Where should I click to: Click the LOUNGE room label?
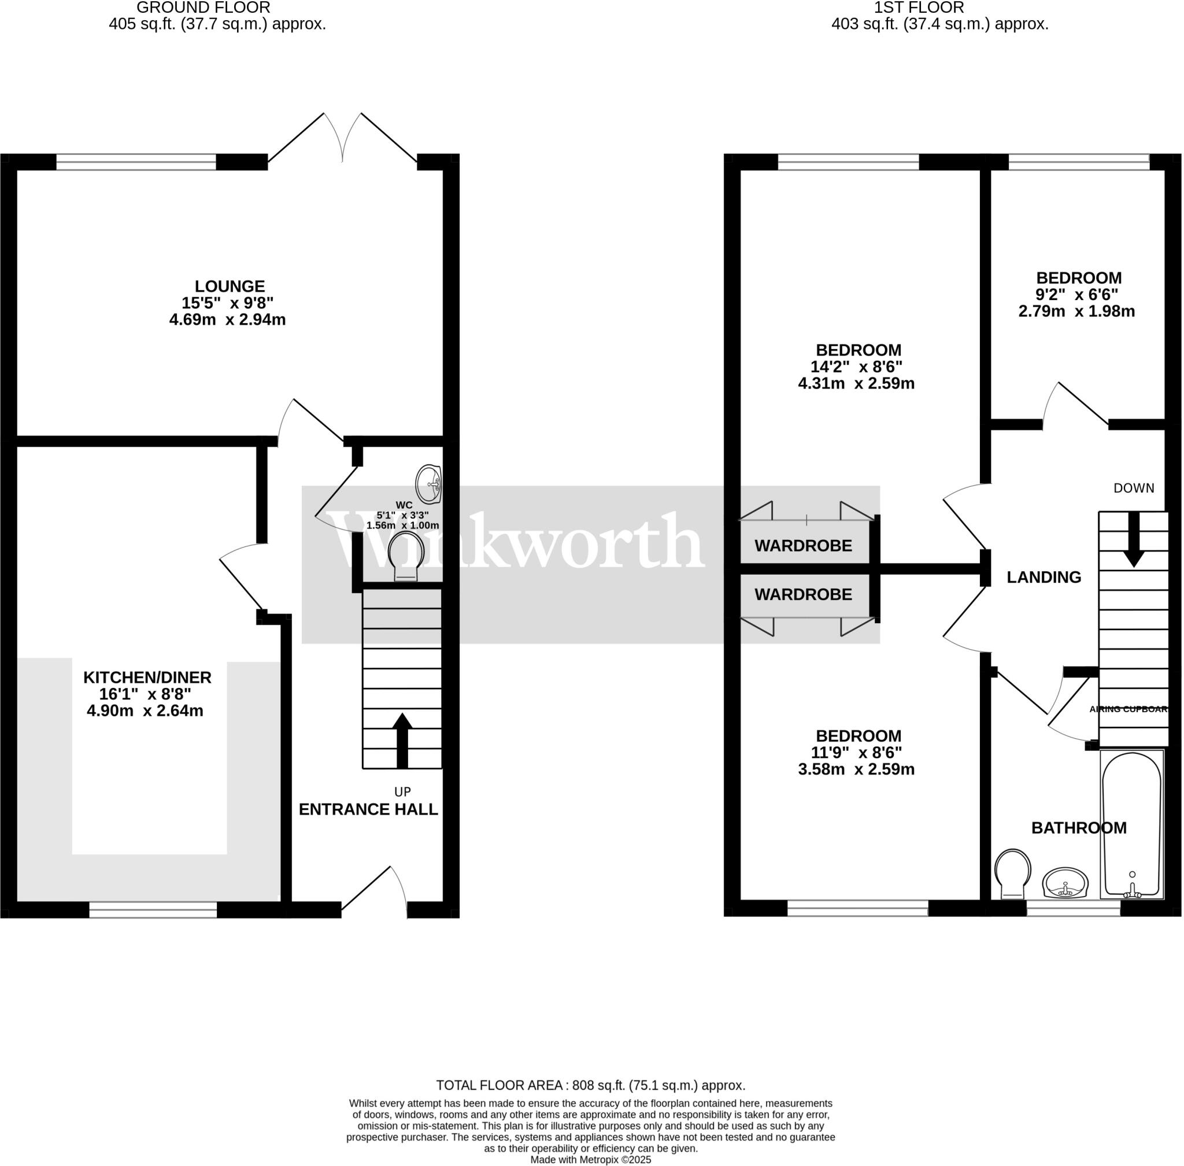click(x=230, y=287)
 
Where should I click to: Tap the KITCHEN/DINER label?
click(x=147, y=678)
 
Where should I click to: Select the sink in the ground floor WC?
click(x=428, y=484)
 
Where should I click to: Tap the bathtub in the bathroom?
click(x=1131, y=824)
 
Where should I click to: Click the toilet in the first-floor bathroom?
click(x=1013, y=873)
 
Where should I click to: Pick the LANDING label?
click(x=1044, y=577)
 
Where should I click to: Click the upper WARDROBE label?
click(x=803, y=546)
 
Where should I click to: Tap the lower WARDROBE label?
click(x=803, y=594)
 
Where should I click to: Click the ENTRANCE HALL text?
click(x=368, y=809)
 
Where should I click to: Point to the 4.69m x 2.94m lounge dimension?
click(x=227, y=320)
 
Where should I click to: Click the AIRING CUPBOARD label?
click(x=1129, y=709)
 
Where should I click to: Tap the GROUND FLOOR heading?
click(x=203, y=8)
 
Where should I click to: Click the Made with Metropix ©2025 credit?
click(x=590, y=1160)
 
